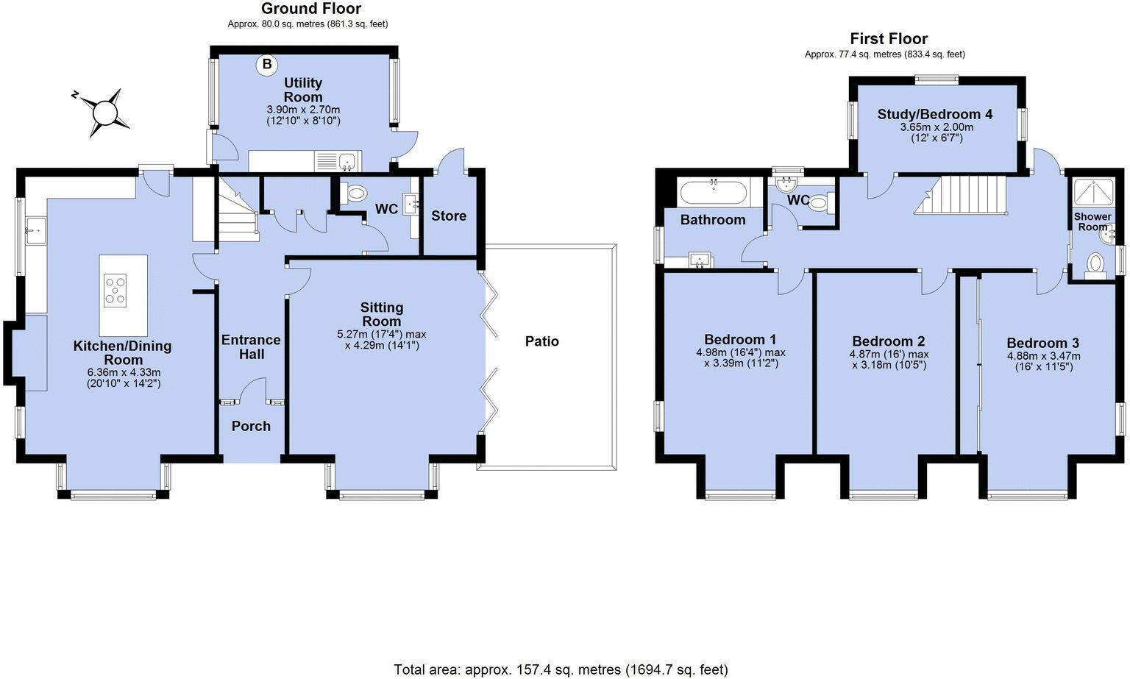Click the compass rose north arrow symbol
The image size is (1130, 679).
(x=104, y=112)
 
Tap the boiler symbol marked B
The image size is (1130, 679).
(x=266, y=65)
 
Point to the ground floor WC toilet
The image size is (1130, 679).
(x=357, y=193)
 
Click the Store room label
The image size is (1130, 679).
(x=449, y=216)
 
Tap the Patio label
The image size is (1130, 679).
(x=542, y=341)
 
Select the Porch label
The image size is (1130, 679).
(x=251, y=426)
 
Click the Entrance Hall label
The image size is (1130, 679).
(x=251, y=347)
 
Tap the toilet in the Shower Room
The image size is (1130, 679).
(x=1095, y=265)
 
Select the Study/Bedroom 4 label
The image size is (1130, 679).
(x=935, y=114)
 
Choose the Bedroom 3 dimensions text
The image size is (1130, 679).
(x=1043, y=361)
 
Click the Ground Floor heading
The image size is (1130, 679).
(x=311, y=9)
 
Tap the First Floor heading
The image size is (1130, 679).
(x=889, y=38)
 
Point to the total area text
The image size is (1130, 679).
(x=561, y=669)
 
